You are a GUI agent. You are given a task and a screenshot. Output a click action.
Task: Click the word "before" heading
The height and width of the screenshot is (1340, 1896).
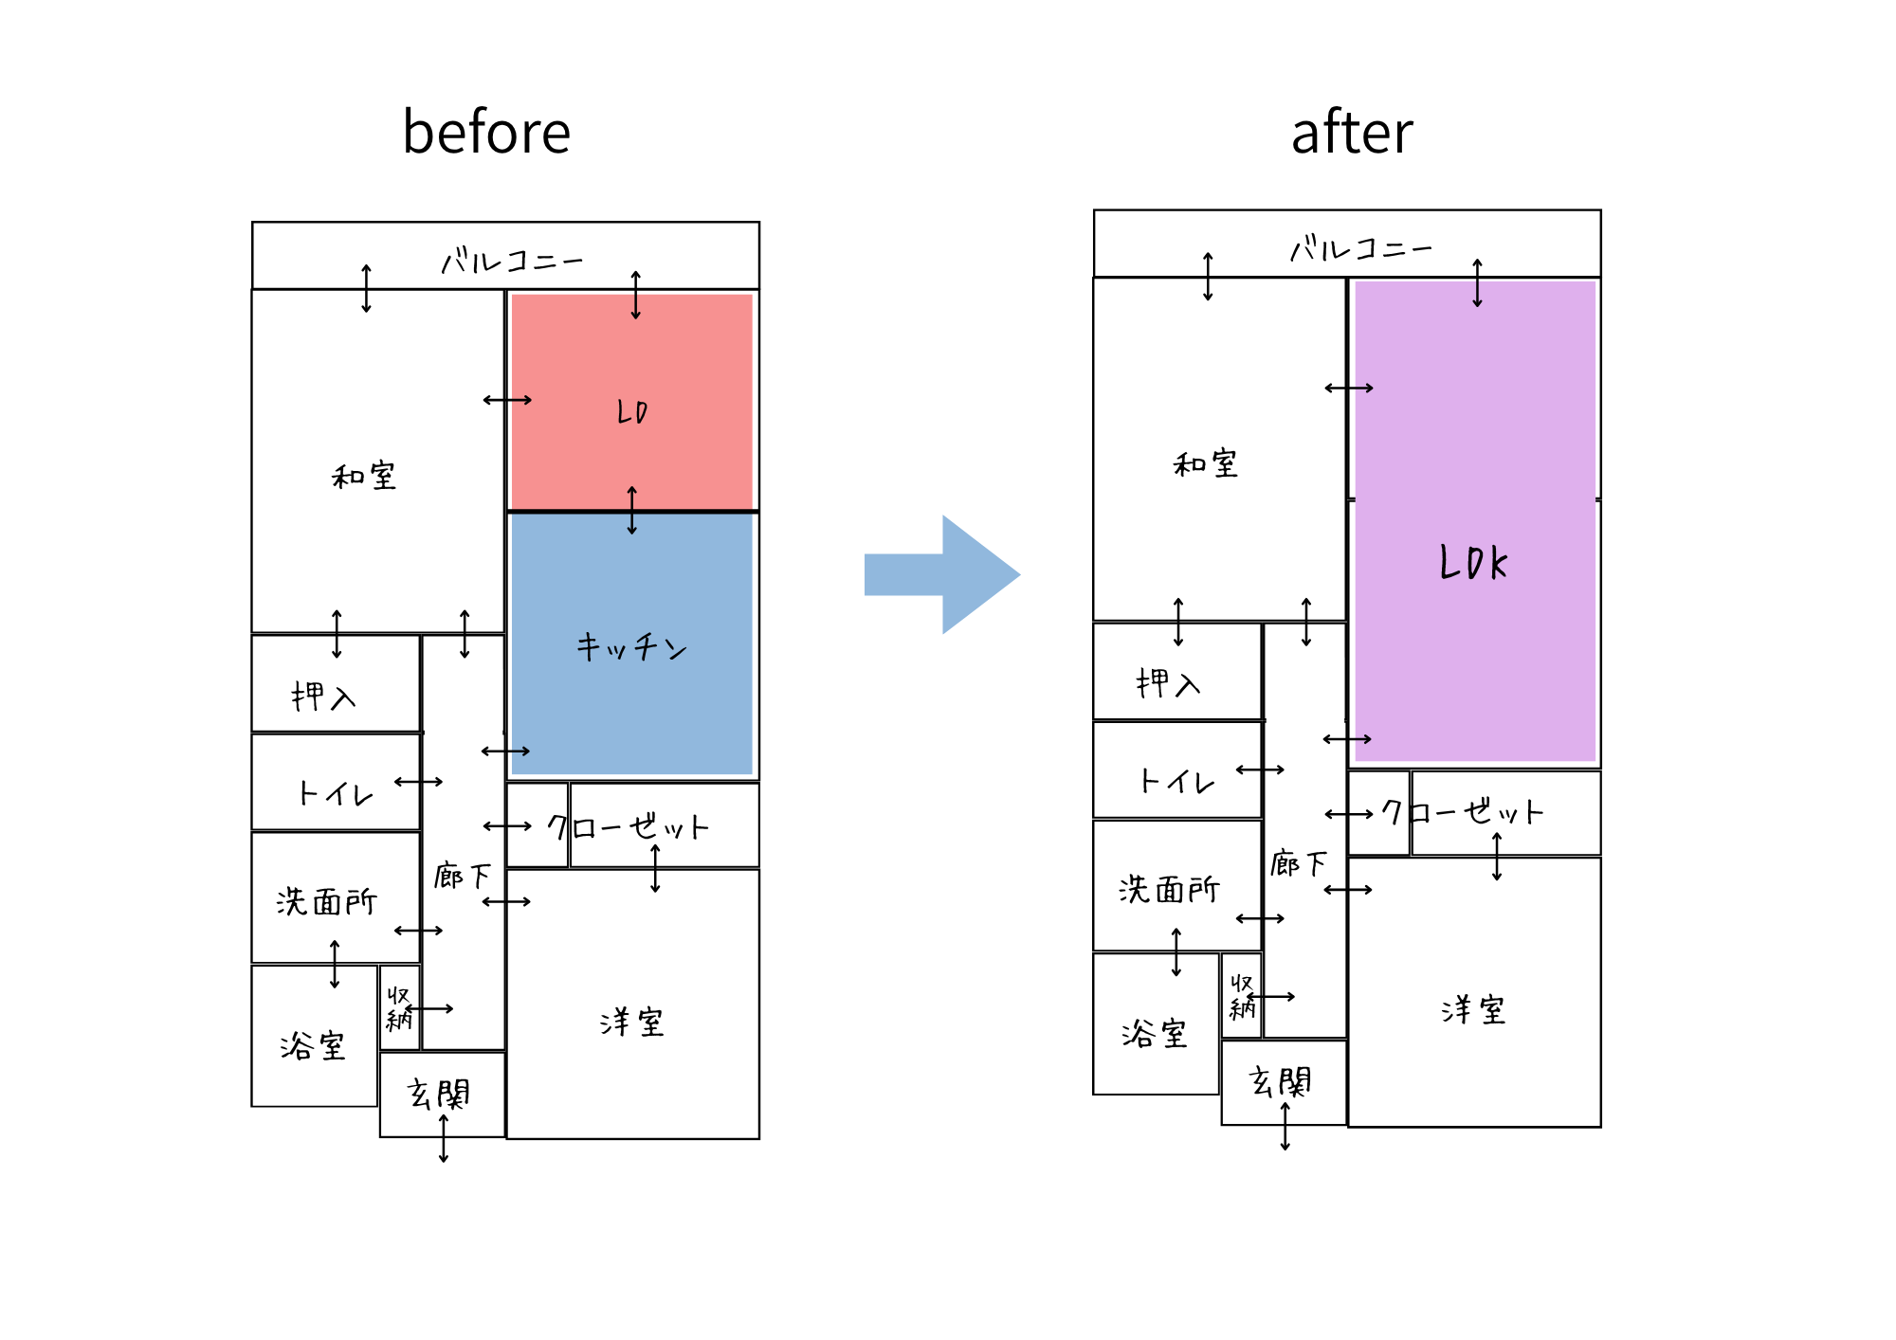pos(486,132)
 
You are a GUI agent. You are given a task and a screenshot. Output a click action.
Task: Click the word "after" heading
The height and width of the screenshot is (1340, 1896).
pos(1351,132)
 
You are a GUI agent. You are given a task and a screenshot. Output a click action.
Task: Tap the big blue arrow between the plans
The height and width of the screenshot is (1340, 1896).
pos(941,574)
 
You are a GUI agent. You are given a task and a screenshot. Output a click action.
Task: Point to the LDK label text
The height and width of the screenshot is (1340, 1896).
pos(1473,563)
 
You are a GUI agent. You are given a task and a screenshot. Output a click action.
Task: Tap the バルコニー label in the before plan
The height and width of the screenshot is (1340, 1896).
pos(512,261)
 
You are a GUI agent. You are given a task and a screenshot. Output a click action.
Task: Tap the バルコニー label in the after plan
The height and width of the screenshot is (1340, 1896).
pos(1360,249)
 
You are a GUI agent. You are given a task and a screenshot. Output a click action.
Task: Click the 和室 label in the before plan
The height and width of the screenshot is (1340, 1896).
pos(364,476)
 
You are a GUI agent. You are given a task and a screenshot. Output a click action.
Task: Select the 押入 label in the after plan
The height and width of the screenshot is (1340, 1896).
pos(1168,683)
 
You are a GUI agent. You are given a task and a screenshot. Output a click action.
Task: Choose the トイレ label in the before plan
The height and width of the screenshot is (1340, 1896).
pos(336,793)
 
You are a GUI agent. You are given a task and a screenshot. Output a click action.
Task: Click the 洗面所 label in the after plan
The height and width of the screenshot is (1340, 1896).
pos(1169,889)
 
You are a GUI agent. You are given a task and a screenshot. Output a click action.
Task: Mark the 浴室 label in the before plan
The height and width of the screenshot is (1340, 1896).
pos(313,1045)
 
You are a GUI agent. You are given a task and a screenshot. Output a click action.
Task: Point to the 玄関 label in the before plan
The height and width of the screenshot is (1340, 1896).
pos(439,1095)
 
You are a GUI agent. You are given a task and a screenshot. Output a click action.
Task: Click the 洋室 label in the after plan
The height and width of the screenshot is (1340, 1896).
pos(1473,1010)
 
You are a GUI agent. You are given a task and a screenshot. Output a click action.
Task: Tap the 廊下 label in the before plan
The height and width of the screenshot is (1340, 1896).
pos(463,876)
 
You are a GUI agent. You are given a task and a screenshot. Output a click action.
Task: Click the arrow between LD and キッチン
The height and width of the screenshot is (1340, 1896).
pos(632,511)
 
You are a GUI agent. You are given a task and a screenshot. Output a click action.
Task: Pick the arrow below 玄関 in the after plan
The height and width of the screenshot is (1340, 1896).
pos(1285,1127)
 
